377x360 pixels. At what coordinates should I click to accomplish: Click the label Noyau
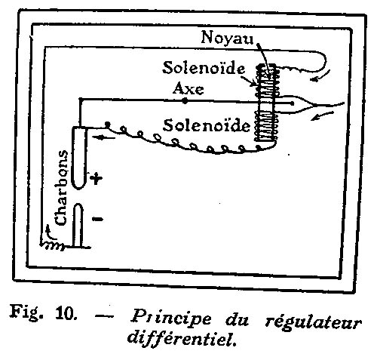[x=227, y=38]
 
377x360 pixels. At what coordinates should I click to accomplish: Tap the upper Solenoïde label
[x=204, y=68]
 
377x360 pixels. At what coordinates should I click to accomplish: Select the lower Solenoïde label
[x=207, y=125]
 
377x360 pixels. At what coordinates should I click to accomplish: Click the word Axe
[x=188, y=88]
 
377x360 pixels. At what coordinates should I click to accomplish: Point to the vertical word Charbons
[x=61, y=188]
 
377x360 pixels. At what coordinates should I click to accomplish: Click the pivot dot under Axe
[x=185, y=101]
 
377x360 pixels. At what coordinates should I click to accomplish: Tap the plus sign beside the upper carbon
[x=96, y=179]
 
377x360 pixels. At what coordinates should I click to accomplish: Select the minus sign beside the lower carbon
[x=97, y=219]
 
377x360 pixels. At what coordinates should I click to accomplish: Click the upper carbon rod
[x=79, y=158]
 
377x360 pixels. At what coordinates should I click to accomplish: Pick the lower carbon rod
[x=78, y=225]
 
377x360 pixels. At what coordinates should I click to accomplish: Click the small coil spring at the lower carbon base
[x=53, y=246]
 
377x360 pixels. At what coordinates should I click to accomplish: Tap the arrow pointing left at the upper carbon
[x=104, y=137]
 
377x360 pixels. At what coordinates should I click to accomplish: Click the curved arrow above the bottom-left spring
[x=51, y=232]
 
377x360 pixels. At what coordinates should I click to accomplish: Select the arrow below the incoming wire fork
[x=323, y=115]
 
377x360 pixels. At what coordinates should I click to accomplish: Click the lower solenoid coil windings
[x=266, y=125]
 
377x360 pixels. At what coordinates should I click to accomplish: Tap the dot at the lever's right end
[x=292, y=103]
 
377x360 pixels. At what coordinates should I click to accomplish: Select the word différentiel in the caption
[x=182, y=337]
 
